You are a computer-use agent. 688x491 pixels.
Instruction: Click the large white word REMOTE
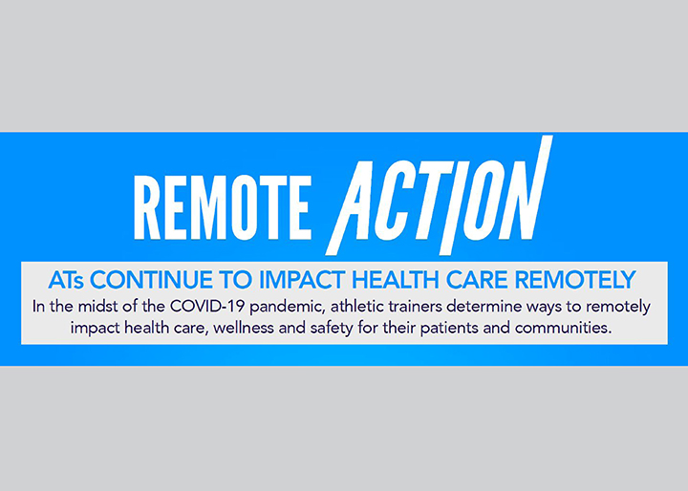pos(223,207)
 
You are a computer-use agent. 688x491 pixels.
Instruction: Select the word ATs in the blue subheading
pos(66,281)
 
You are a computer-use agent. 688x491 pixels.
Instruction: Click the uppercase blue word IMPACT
pos(302,281)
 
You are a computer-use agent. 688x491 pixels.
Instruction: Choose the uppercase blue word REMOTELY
pos(575,281)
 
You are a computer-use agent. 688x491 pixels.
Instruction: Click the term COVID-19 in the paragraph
pos(207,307)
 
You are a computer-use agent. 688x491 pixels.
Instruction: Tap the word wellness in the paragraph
pos(244,328)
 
